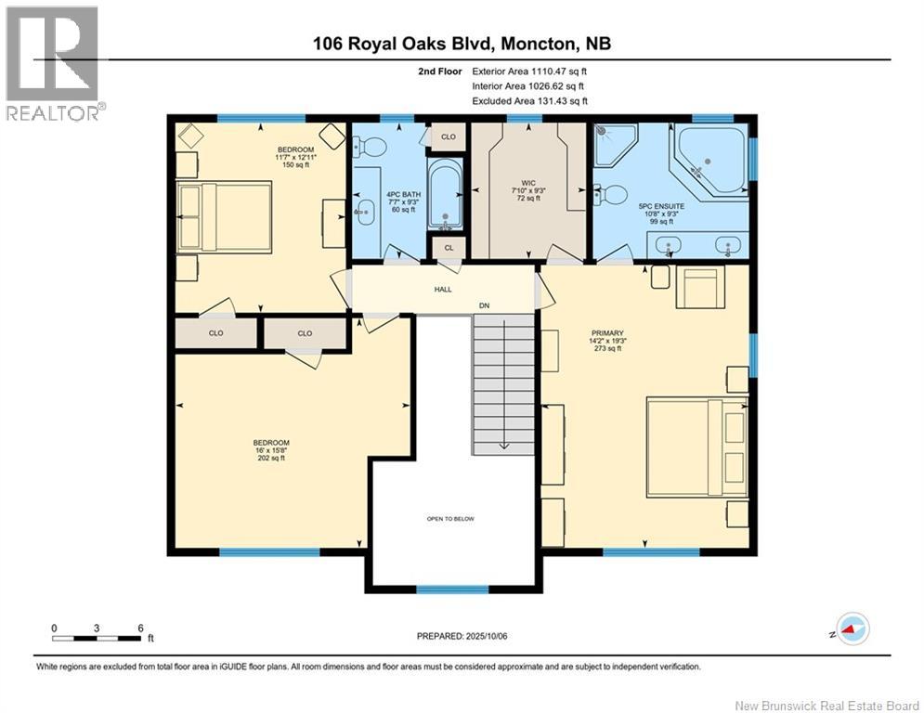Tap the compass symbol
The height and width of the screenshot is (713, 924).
(x=852, y=630)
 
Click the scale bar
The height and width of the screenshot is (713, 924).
(x=97, y=637)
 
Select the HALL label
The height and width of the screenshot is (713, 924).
(x=443, y=290)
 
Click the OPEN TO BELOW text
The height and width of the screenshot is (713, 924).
(x=450, y=519)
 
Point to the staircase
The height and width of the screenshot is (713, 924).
(x=503, y=381)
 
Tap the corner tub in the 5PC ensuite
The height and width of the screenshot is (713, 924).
(x=709, y=160)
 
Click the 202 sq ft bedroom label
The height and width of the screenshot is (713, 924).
(x=272, y=449)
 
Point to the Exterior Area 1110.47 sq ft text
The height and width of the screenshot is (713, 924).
(x=529, y=71)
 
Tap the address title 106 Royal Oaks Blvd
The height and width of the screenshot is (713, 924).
(x=462, y=43)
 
